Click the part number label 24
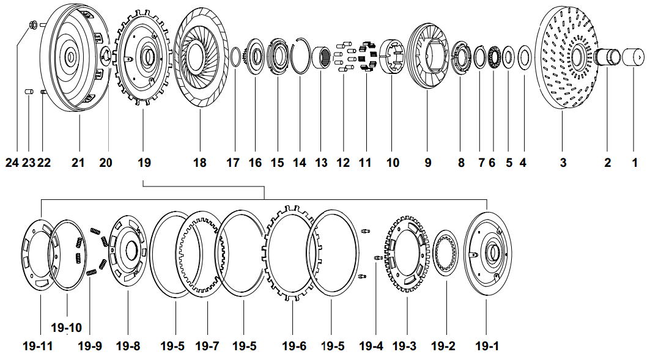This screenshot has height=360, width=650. pyautogui.click(x=12, y=163)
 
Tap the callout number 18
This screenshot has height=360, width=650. pyautogui.click(x=200, y=163)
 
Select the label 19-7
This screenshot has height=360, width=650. pyautogui.click(x=207, y=346)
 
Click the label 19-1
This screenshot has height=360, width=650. pyautogui.click(x=487, y=346)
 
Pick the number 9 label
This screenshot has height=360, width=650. pyautogui.click(x=427, y=163)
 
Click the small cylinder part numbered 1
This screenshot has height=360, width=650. pyautogui.click(x=634, y=57)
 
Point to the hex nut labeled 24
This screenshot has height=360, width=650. pyautogui.click(x=34, y=24)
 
